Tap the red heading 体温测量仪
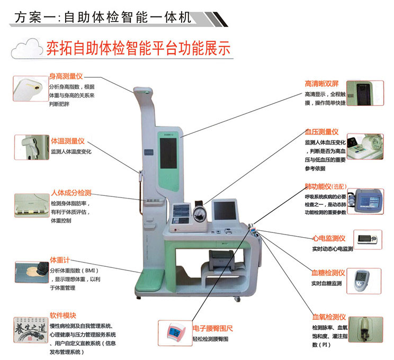(x=67, y=141)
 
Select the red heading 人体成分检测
(x=71, y=192)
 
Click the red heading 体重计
(x=60, y=259)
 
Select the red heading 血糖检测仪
(x=328, y=273)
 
